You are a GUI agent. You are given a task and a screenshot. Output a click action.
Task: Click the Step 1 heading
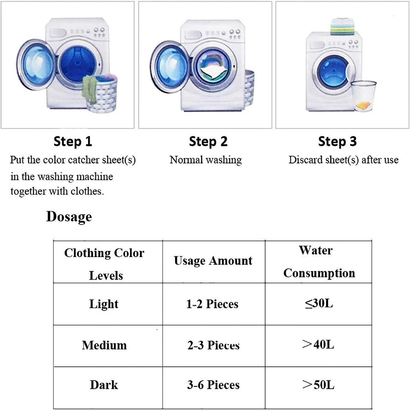[73, 142]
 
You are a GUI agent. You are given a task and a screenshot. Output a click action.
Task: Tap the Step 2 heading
[208, 142]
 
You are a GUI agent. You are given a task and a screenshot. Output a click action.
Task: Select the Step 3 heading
[337, 142]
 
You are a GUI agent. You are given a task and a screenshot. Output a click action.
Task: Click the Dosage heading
[69, 217]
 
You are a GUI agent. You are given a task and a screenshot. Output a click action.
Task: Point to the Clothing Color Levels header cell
[104, 263]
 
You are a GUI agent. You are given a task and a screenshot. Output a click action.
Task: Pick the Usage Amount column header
[213, 261]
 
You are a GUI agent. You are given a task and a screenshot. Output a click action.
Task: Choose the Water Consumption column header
[319, 262]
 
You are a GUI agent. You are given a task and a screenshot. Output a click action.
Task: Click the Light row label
[104, 304]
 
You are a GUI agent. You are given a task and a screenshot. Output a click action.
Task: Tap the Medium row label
[104, 345]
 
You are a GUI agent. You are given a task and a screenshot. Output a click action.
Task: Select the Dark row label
[104, 385]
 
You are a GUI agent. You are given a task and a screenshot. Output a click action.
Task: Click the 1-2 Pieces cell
[212, 304]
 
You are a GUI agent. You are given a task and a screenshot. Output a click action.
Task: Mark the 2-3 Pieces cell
[213, 345]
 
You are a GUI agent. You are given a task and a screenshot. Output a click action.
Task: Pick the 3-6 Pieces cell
[213, 385]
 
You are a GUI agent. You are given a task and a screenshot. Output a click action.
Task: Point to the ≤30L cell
[319, 304]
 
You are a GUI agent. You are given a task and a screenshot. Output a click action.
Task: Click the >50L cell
[318, 385]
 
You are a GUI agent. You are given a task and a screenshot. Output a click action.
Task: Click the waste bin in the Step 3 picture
[363, 96]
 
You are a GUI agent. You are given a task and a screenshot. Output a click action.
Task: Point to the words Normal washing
[206, 160]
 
